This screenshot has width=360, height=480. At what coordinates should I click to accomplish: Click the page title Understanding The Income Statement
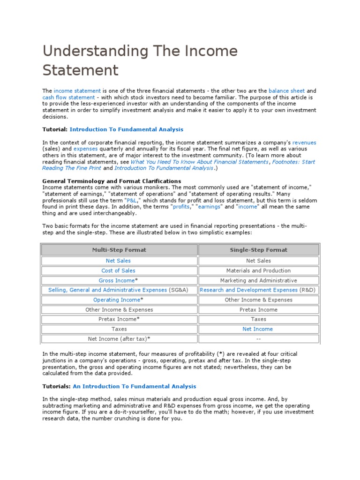click(x=140, y=60)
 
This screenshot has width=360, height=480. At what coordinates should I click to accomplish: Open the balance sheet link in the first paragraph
click(x=286, y=91)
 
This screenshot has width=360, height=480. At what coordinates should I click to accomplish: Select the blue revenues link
click(x=304, y=142)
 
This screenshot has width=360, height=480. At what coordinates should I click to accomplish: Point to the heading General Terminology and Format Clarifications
click(x=112, y=181)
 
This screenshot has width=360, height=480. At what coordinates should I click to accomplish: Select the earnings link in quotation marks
click(x=209, y=207)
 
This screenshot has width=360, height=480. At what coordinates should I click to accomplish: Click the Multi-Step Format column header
click(x=119, y=250)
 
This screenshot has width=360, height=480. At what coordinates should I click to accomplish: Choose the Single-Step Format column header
click(x=258, y=250)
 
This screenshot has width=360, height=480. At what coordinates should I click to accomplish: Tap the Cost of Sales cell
click(x=118, y=270)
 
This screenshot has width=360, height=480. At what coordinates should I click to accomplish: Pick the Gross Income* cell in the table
click(x=118, y=280)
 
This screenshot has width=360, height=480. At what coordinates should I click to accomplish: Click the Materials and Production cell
click(x=258, y=270)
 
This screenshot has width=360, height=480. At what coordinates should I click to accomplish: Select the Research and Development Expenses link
click(x=248, y=290)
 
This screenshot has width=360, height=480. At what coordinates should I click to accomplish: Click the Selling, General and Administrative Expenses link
click(x=107, y=290)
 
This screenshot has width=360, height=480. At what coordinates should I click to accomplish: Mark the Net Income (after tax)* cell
click(x=119, y=339)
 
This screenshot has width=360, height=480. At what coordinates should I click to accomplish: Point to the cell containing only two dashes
click(x=258, y=339)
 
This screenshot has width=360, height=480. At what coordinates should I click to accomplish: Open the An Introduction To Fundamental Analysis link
click(x=135, y=387)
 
